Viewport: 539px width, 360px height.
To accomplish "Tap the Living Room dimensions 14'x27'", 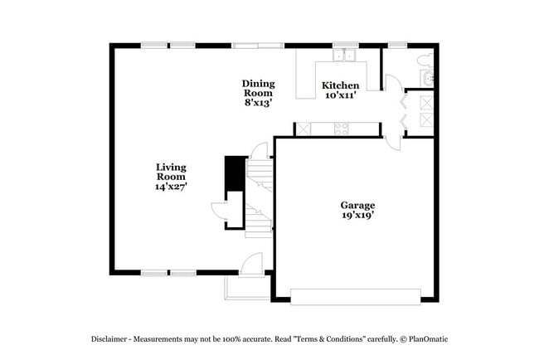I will [171, 187].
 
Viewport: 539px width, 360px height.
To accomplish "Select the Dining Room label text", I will [258, 88].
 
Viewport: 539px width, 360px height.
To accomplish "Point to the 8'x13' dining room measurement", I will [258, 103].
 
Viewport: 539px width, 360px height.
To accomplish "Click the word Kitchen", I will [340, 85].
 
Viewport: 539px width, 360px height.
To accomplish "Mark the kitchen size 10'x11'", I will [340, 95].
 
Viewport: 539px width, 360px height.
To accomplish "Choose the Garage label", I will [357, 205].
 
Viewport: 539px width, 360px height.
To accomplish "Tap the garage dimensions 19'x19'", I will [357, 215].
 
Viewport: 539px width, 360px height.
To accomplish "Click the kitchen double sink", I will [344, 56].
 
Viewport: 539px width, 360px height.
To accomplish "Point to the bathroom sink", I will [427, 78].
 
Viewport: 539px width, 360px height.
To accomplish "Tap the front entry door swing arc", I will [249, 263].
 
